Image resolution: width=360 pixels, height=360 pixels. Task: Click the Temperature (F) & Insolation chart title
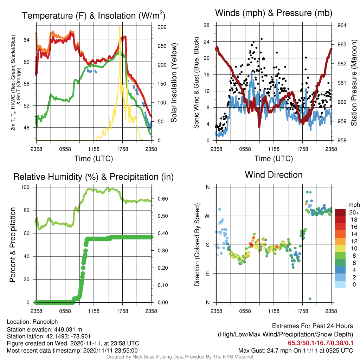pyautogui.click(x=94, y=15)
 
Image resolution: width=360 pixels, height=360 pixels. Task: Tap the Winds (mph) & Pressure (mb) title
pyautogui.click(x=274, y=13)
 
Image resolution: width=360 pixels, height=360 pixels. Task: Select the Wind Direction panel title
pyautogui.click(x=274, y=175)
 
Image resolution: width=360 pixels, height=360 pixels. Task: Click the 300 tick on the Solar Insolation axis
pyautogui.click(x=162, y=27)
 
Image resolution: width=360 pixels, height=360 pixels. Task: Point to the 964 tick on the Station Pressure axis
pyautogui.click(x=342, y=25)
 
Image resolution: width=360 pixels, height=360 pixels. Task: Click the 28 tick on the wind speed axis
pyautogui.click(x=206, y=25)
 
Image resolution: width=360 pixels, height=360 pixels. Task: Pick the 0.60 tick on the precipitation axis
pyautogui.click(x=163, y=199)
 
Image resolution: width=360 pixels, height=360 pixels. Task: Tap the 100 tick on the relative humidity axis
pyautogui.click(x=25, y=187)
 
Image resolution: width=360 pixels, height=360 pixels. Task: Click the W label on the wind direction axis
pyautogui.click(x=207, y=216)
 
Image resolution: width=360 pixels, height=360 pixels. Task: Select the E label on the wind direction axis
pyautogui.click(x=208, y=274)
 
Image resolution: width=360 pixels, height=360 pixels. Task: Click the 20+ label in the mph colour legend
pyautogui.click(x=354, y=212)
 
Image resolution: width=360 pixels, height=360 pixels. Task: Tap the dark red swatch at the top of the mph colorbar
pyautogui.click(x=340, y=212)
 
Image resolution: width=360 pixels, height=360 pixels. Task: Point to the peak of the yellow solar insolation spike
pyautogui.click(x=120, y=26)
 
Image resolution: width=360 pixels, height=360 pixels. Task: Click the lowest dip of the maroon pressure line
pyautogui.click(x=259, y=126)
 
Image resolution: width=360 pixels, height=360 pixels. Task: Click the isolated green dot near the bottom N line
pyautogui.click(x=310, y=299)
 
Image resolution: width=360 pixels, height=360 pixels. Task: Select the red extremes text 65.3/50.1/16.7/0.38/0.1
pyautogui.click(x=321, y=343)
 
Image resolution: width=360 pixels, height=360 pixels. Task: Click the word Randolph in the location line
pyautogui.click(x=45, y=322)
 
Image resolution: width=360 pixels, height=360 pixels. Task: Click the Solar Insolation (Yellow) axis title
pyautogui.click(x=174, y=83)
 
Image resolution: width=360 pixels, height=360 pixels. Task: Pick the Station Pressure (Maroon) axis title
pyautogui.click(x=354, y=83)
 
